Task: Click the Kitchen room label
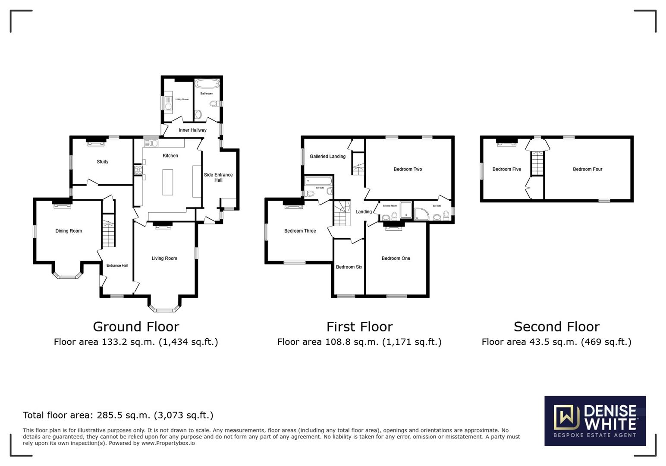[170, 156]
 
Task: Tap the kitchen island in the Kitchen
[167, 182]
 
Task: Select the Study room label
[102, 162]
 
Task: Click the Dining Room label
[69, 231]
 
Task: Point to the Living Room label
[164, 258]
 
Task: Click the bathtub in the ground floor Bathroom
[207, 84]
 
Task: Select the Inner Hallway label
[192, 130]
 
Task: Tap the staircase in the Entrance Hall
[109, 233]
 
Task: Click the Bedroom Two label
[408, 169]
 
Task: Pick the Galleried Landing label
[327, 156]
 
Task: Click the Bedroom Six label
[349, 267]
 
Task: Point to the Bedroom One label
[396, 258]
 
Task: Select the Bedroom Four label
[587, 169]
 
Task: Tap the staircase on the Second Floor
[537, 163]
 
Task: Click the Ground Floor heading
[136, 327]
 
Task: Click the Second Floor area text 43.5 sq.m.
[556, 342]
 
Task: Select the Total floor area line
[118, 415]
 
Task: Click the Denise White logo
[595, 421]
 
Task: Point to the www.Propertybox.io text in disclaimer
[168, 443]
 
